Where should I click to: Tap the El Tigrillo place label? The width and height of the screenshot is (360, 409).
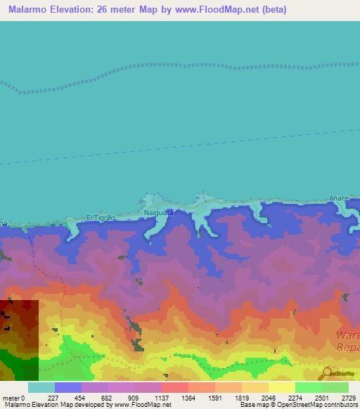coord(100,217)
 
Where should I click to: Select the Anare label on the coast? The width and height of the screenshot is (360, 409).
coord(339,199)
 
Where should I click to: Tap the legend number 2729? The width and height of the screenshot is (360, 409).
coord(348,397)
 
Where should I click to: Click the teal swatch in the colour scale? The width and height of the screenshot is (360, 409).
coord(41,387)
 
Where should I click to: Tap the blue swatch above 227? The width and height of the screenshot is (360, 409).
coord(67,387)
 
